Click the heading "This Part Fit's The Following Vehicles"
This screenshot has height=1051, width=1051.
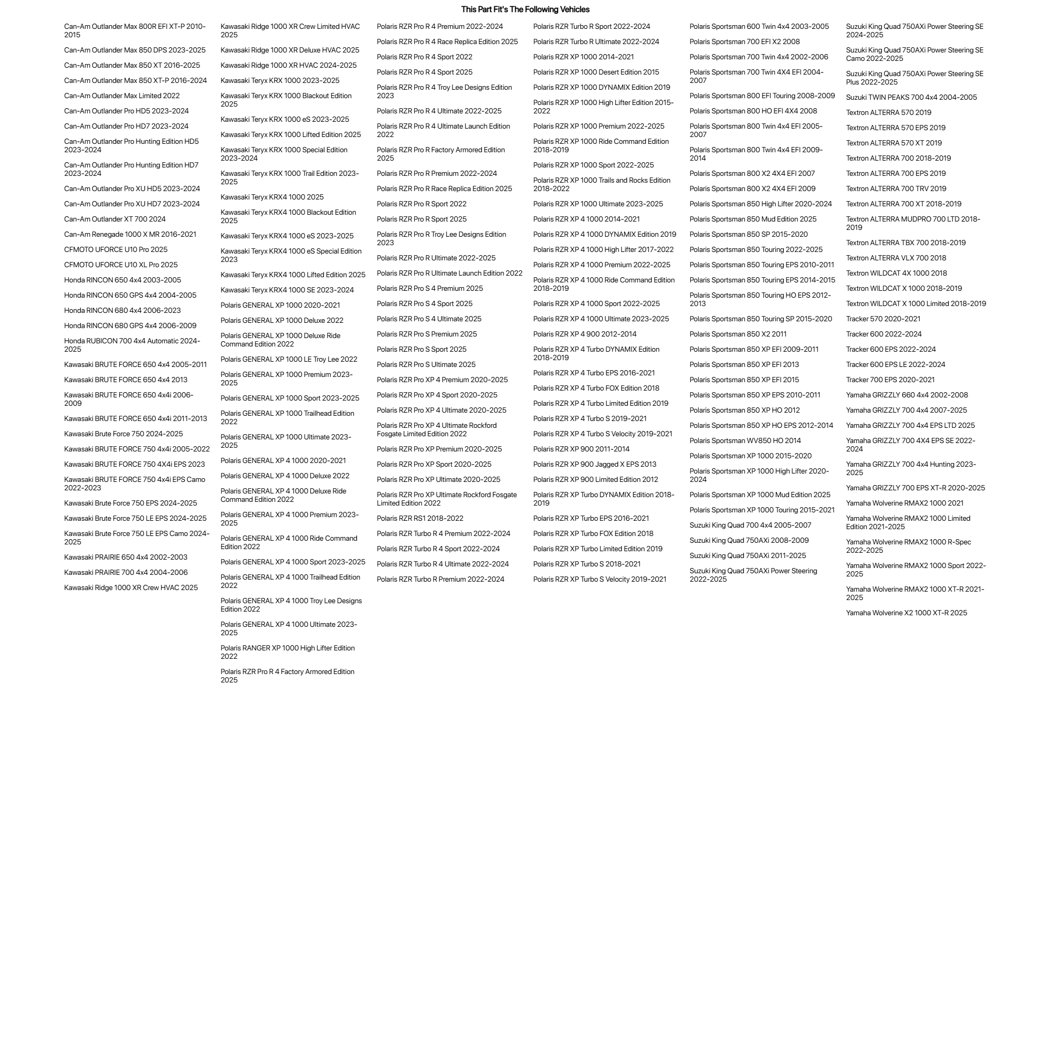[x=525, y=9]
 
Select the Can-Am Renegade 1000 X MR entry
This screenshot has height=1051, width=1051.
[x=130, y=235]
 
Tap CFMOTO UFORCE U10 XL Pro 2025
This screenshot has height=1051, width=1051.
[x=121, y=265]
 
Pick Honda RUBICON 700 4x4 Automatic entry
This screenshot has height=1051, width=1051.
[x=132, y=345]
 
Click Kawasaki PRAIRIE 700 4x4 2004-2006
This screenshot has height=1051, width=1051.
[x=125, y=572]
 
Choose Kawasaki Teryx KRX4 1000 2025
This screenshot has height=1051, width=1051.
[x=272, y=197]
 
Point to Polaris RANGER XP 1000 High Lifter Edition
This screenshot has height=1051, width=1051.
[x=287, y=652]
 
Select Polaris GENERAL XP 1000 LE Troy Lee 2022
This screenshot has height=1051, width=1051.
[x=289, y=360]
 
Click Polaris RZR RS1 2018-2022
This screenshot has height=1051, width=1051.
[x=420, y=519]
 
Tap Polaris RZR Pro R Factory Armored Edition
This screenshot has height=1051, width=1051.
[x=440, y=154]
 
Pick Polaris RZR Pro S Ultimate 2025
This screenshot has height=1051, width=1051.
[x=426, y=364]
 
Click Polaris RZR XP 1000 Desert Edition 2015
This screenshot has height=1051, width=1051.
[x=596, y=72]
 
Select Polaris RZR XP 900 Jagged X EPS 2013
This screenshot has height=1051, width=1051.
[x=595, y=464]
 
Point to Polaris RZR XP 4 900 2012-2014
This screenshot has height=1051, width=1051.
[x=585, y=334]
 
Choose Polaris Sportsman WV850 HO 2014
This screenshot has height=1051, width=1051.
[x=745, y=440]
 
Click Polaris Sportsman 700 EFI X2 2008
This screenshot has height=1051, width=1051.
[x=745, y=41]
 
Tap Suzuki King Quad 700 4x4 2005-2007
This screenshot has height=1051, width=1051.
[x=750, y=525]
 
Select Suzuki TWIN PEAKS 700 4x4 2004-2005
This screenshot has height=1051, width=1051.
[x=911, y=97]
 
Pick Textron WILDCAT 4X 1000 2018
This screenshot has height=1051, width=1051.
[x=896, y=273]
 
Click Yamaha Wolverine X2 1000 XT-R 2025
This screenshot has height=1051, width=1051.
[x=906, y=613]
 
